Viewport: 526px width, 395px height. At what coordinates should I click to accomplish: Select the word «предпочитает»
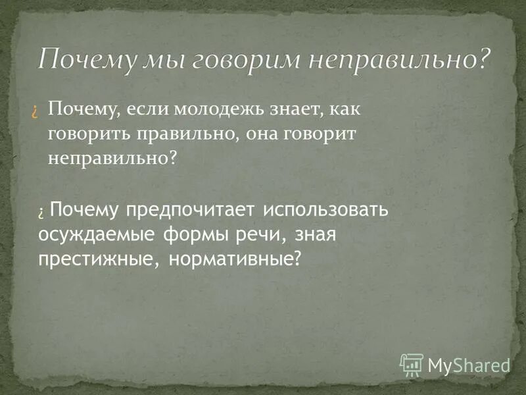point(189,210)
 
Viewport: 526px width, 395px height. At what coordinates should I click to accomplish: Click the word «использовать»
point(326,210)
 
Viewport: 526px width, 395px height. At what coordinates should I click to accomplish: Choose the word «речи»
point(259,234)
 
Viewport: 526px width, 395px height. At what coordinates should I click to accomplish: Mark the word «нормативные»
point(233,257)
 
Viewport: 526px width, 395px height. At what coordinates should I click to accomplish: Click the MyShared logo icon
point(412,363)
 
